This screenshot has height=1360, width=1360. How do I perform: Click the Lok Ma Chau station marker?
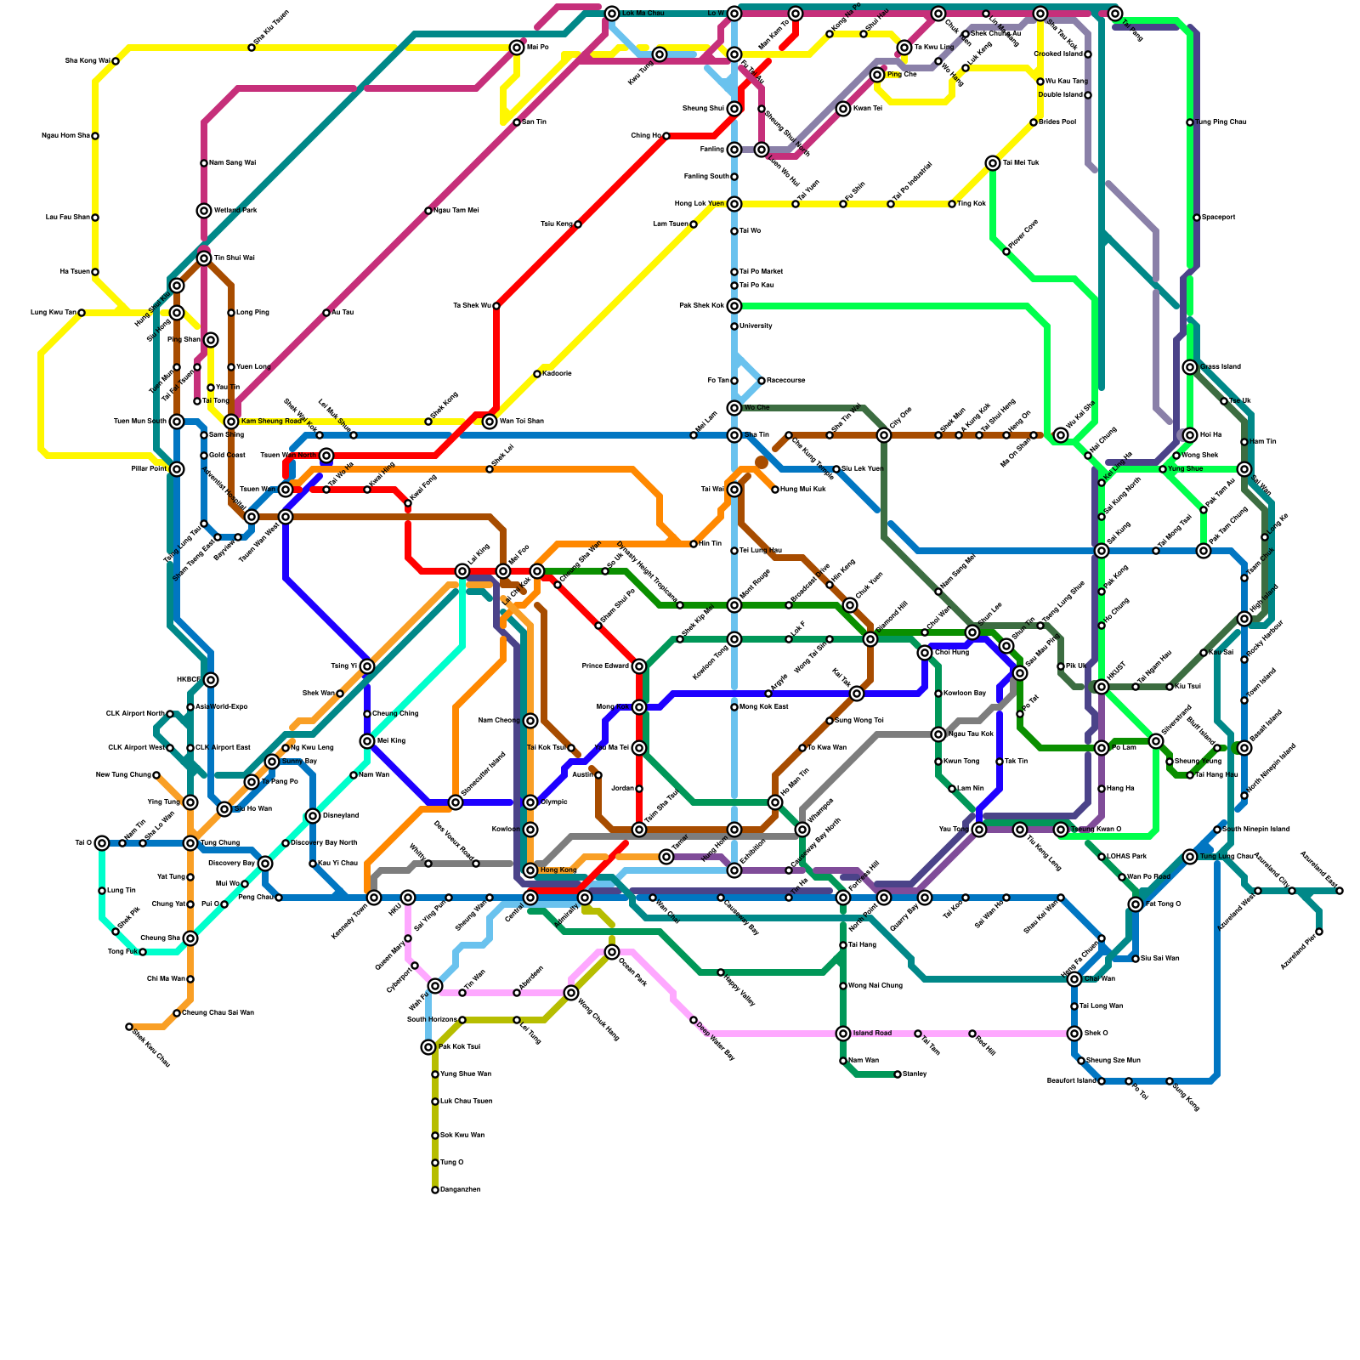coord(612,14)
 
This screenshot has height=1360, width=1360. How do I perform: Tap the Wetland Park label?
coord(235,210)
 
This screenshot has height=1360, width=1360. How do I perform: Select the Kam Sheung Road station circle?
coord(231,422)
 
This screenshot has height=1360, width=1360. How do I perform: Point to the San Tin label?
coord(534,122)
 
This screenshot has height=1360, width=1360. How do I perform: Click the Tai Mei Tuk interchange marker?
coord(993,163)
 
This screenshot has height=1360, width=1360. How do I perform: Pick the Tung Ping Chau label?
coord(1221,122)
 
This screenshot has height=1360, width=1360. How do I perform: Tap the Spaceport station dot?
coord(1197,218)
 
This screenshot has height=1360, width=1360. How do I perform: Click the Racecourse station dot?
coord(762,381)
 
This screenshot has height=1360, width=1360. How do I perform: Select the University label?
coord(756,326)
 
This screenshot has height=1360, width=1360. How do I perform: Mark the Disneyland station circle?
coord(313,816)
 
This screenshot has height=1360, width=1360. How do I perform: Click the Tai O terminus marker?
coord(102,843)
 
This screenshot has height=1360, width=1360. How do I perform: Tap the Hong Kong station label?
coord(558,870)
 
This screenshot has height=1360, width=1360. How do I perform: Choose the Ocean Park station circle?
coord(612,952)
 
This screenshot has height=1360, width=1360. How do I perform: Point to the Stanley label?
coord(915,1074)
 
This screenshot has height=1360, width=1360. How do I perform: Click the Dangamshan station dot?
coord(435,1190)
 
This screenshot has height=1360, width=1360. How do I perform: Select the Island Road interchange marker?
coord(843,1034)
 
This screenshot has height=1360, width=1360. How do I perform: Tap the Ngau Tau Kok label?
coord(969,734)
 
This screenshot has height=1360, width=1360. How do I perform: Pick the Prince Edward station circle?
coord(639,666)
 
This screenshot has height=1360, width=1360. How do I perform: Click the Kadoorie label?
coord(557,374)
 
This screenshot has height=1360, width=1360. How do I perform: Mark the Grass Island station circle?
coord(1190,367)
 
